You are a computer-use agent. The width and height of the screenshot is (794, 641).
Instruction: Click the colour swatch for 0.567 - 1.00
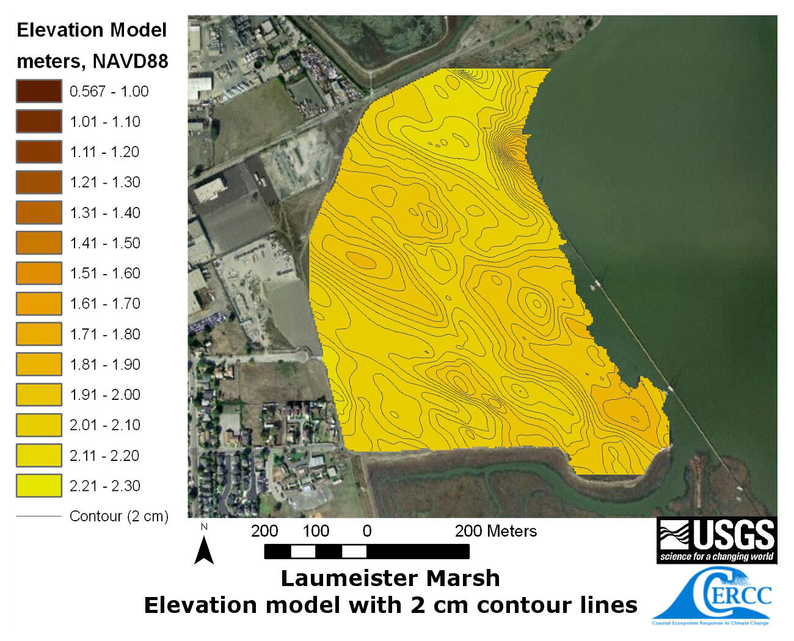(38, 91)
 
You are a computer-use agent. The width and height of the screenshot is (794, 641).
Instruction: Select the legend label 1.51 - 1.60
(104, 273)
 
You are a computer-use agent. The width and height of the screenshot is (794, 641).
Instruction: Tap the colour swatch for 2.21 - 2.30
(38, 486)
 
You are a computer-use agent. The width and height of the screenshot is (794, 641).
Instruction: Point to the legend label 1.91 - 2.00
(104, 395)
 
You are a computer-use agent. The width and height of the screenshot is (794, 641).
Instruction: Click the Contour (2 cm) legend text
(118, 516)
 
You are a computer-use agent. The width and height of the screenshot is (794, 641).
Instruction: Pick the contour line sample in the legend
(38, 516)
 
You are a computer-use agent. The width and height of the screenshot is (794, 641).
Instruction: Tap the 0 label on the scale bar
(366, 531)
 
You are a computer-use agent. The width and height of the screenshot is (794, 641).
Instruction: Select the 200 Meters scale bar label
(495, 531)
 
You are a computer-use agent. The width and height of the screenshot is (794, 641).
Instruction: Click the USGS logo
(716, 540)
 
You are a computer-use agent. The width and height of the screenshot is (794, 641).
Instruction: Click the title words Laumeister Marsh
(390, 578)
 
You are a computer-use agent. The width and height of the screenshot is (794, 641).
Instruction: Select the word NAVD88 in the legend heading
(130, 62)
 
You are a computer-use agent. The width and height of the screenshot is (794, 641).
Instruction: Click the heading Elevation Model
(92, 31)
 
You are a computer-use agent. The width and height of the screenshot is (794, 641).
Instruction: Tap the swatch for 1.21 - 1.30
(38, 183)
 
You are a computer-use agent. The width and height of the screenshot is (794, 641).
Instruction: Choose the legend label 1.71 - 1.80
(104, 335)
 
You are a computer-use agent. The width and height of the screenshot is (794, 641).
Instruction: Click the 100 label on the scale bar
(316, 531)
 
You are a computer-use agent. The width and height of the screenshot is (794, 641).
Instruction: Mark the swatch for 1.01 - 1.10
(38, 121)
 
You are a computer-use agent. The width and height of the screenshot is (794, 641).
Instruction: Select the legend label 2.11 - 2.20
(104, 455)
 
